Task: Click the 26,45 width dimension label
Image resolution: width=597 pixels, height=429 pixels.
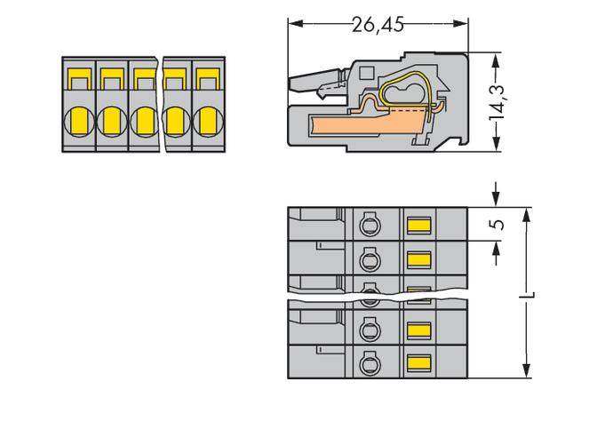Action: tap(378, 25)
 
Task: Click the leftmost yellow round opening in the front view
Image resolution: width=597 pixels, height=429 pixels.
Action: tap(77, 118)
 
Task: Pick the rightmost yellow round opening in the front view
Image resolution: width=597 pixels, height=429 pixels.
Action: tap(206, 118)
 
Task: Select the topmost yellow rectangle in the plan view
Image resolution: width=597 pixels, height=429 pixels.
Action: tap(418, 224)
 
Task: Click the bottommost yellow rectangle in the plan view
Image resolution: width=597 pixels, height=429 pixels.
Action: tap(418, 363)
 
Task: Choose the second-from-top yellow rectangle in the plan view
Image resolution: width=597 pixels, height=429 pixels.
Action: tap(418, 258)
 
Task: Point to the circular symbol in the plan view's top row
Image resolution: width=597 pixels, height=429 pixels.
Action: tap(368, 225)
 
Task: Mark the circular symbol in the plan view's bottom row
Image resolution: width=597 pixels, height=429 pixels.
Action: tap(368, 363)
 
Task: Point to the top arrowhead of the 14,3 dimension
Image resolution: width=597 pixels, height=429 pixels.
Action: tap(495, 55)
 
